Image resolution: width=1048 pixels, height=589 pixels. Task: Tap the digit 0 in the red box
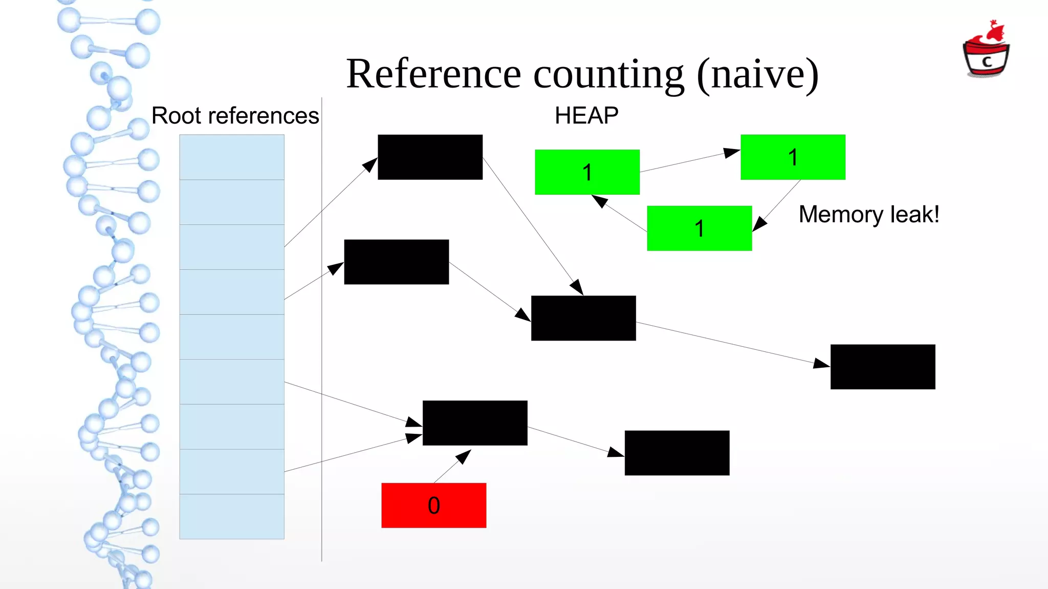point(434,506)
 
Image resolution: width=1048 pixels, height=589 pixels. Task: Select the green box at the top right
point(793,157)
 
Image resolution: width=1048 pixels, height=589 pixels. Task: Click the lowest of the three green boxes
point(699,228)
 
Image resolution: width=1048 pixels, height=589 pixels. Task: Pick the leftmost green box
point(587,172)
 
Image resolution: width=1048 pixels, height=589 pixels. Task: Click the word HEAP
point(586,116)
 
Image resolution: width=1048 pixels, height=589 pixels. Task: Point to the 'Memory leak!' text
point(868,214)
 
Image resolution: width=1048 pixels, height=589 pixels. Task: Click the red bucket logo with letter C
point(986,51)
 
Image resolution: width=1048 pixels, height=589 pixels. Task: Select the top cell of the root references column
point(232,157)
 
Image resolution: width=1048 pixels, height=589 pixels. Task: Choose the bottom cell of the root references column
point(232,516)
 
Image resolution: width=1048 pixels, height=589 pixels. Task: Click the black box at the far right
point(882,367)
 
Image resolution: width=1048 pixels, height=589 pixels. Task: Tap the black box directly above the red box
point(475,423)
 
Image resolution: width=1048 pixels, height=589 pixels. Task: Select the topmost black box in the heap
point(430,157)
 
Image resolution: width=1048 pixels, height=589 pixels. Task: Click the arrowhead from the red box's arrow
point(464,455)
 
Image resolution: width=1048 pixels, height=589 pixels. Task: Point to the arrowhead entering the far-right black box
point(822,364)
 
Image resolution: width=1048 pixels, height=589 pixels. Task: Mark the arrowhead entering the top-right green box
point(732,152)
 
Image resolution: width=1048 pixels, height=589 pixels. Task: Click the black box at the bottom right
point(676,453)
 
